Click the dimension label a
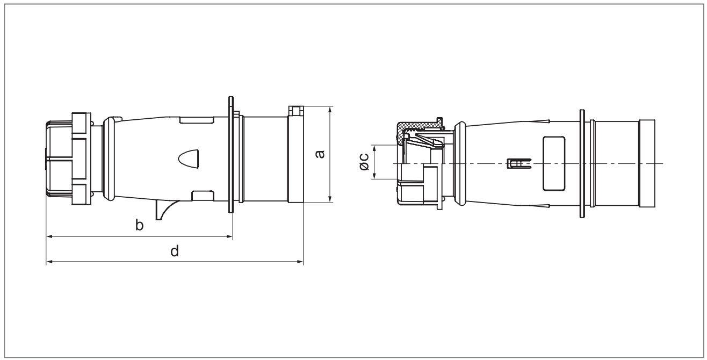(x=320, y=154)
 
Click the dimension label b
(x=139, y=225)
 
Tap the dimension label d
(x=175, y=251)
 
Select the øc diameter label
(x=364, y=162)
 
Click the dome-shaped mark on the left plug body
(x=189, y=159)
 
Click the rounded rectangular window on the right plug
(x=554, y=163)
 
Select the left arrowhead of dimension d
(x=49, y=262)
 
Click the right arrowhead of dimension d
(x=300, y=262)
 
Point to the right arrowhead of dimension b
(x=229, y=236)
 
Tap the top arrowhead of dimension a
(x=330, y=110)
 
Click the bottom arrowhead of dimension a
(x=330, y=199)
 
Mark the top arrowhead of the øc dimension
(x=374, y=148)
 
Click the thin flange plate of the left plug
(x=230, y=154)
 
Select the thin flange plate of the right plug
(x=582, y=163)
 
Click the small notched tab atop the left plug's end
(x=296, y=111)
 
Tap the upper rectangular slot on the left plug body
(x=197, y=120)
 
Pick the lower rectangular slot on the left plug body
(x=203, y=196)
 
